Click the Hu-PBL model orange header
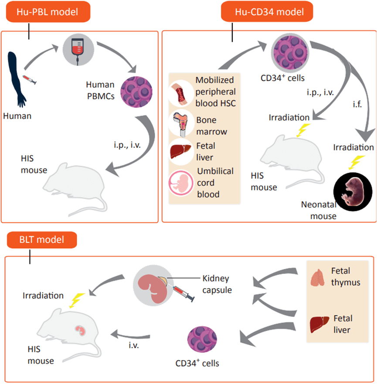(48, 12)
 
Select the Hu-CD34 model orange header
(267, 11)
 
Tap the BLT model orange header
(42, 240)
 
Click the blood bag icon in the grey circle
(78, 51)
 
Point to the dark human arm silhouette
(16, 78)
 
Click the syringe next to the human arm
(30, 80)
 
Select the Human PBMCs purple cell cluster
(136, 92)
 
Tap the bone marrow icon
(181, 124)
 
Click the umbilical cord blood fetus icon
(181, 183)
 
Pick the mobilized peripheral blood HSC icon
(181, 94)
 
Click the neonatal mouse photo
(353, 191)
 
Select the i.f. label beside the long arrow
(357, 104)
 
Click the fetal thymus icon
(318, 278)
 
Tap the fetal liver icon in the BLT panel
(319, 324)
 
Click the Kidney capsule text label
(217, 284)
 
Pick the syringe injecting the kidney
(183, 292)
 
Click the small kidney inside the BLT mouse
(81, 331)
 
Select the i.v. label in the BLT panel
(134, 345)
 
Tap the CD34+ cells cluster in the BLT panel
(202, 339)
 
